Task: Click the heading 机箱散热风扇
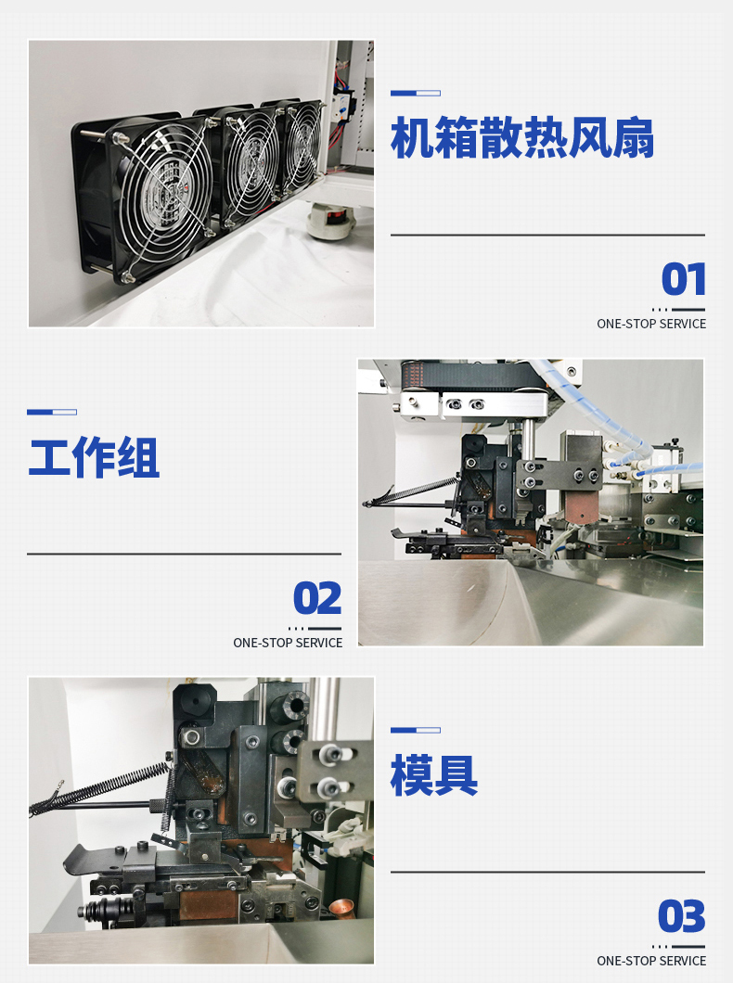click(522, 137)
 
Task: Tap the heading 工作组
click(94, 457)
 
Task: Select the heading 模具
click(434, 775)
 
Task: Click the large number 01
click(684, 279)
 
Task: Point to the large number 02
click(318, 598)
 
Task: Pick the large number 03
click(682, 916)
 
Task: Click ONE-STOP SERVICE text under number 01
click(650, 324)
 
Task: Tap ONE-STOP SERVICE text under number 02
click(288, 643)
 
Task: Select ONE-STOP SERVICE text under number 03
click(650, 961)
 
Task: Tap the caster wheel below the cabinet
click(330, 222)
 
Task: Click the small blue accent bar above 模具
click(415, 731)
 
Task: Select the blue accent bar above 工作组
click(52, 412)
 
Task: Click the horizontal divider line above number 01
click(548, 236)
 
